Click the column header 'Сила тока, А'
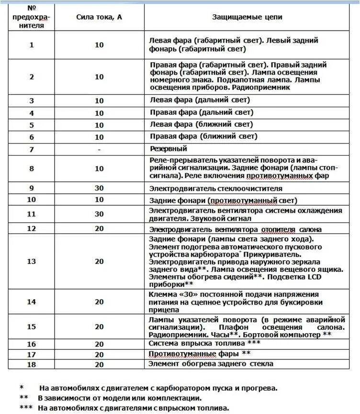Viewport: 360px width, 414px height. click(x=99, y=17)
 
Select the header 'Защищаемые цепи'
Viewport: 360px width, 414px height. click(x=247, y=17)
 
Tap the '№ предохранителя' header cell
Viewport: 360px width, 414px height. click(x=33, y=17)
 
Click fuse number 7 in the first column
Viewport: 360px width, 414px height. click(x=32, y=149)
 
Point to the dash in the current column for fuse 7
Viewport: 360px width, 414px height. click(x=99, y=149)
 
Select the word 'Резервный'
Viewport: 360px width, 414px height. click(x=168, y=149)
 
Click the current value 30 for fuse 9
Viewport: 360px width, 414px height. click(x=99, y=188)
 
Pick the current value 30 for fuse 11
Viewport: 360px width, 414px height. click(x=99, y=214)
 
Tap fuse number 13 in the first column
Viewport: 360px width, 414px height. click(x=32, y=261)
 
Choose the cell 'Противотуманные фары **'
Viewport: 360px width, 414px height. click(x=200, y=354)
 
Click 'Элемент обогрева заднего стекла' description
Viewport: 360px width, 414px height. click(x=211, y=364)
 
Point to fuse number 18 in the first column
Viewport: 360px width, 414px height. click(x=32, y=364)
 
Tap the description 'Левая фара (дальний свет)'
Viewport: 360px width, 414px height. click(x=200, y=100)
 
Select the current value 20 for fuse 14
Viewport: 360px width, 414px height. click(x=99, y=302)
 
